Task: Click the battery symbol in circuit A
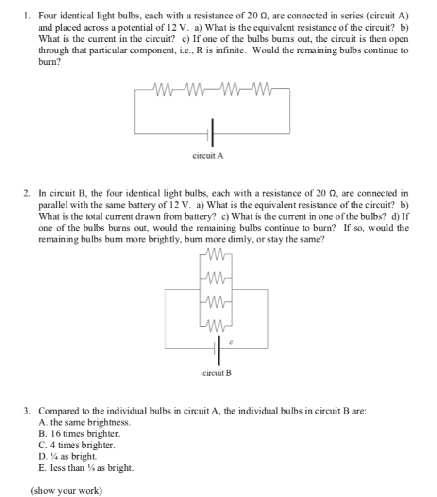[211, 133]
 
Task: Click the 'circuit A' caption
[208, 156]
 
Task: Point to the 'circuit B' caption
[217, 373]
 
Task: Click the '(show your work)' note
[66, 490]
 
